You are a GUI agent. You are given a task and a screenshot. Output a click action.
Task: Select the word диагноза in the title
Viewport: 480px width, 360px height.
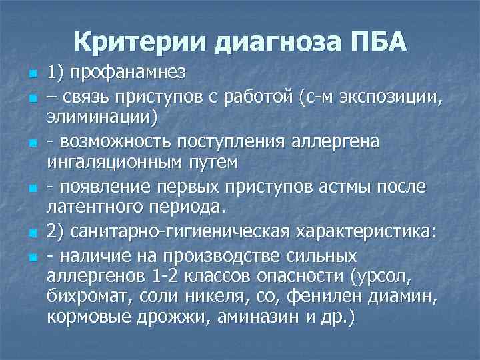(x=271, y=42)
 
